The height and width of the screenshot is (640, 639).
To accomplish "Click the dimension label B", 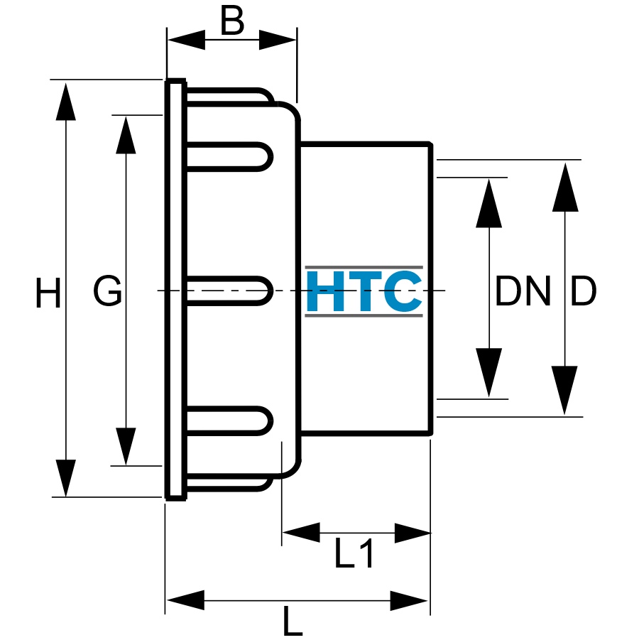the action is pyautogui.click(x=232, y=21).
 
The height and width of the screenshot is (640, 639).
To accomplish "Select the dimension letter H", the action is pyautogui.click(x=48, y=292).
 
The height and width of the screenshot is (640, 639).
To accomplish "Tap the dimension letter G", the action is pyautogui.click(x=108, y=291).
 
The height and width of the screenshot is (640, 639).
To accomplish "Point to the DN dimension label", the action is pyautogui.click(x=523, y=291).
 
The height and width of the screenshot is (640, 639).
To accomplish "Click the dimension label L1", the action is pyautogui.click(x=354, y=553).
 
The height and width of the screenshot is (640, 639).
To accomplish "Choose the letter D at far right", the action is pyautogui.click(x=583, y=291).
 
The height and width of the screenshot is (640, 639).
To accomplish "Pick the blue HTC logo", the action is pyautogui.click(x=364, y=291).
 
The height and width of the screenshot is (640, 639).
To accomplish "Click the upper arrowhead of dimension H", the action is pyautogui.click(x=66, y=102).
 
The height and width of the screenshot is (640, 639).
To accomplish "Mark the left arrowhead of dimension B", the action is pyautogui.click(x=186, y=40).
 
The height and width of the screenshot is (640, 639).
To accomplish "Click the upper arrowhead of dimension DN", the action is pyautogui.click(x=489, y=203).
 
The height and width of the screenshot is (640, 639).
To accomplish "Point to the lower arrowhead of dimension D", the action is pyautogui.click(x=564, y=390).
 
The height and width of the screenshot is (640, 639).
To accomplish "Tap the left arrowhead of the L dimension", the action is pyautogui.click(x=185, y=600).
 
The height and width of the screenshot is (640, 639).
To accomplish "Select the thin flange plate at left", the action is pyautogui.click(x=176, y=290).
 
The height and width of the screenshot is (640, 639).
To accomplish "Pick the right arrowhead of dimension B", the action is pyautogui.click(x=278, y=40).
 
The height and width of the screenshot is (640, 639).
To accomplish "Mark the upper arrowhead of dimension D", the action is pyautogui.click(x=565, y=187).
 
